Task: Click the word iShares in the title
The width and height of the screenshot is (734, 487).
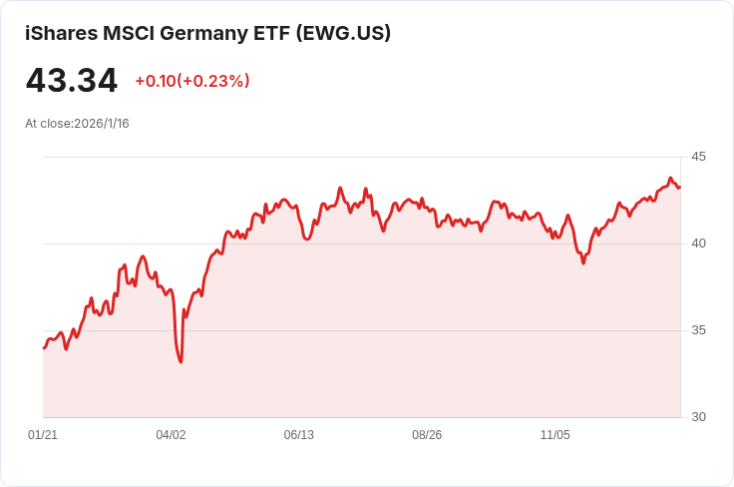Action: click(x=61, y=33)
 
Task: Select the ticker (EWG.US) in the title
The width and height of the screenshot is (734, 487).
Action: click(x=344, y=33)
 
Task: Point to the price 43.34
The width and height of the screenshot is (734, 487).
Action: click(x=72, y=81)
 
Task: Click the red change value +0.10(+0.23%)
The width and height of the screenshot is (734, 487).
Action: click(x=192, y=81)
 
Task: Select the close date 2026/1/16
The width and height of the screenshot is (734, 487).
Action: click(x=102, y=124)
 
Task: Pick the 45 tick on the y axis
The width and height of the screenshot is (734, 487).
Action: click(x=698, y=157)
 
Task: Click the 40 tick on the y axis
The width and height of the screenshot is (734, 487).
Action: click(x=698, y=243)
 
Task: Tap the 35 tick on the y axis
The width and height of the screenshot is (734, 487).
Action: click(x=698, y=330)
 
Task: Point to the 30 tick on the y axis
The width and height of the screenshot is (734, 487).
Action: click(x=698, y=417)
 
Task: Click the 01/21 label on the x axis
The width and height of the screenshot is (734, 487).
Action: click(x=43, y=435)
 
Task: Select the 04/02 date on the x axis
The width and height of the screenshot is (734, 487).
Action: click(x=171, y=435)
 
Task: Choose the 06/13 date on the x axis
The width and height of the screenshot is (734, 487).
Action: click(x=299, y=435)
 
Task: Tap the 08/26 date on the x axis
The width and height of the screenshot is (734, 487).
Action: click(x=427, y=435)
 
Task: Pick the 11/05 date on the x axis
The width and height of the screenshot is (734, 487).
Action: click(x=554, y=435)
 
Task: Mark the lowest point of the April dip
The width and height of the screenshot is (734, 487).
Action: click(x=181, y=361)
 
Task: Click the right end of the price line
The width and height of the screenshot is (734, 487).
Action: click(x=680, y=187)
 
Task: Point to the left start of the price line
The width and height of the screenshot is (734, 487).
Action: click(x=44, y=347)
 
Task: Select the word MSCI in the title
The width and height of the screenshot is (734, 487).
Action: click(x=127, y=33)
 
